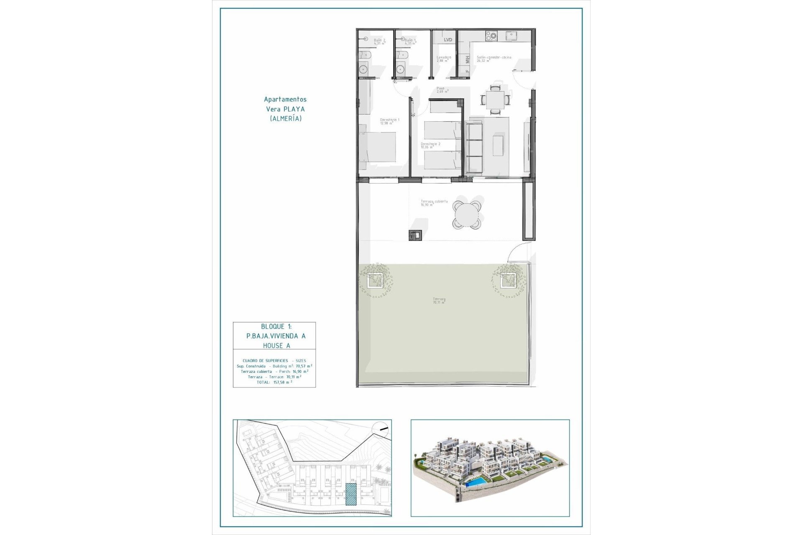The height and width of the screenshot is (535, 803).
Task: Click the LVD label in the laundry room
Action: pyautogui.click(x=448, y=40)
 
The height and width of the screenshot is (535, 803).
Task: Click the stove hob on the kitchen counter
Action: pyautogui.click(x=491, y=36)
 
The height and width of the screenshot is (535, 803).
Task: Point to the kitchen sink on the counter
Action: pyautogui.click(x=510, y=36)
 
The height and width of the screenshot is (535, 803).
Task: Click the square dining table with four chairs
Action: pyautogui.click(x=495, y=100)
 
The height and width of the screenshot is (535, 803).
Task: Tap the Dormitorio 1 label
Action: pyautogui.click(x=389, y=121)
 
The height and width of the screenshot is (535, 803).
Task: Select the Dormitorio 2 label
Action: pyautogui.click(x=430, y=145)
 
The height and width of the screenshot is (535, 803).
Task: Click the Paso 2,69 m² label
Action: pyautogui.click(x=442, y=90)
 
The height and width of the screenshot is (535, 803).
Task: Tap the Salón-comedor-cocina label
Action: pyautogui.click(x=494, y=59)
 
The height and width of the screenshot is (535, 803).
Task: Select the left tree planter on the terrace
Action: pyautogui.click(x=375, y=280)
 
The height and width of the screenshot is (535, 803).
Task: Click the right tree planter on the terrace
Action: pyautogui.click(x=508, y=280)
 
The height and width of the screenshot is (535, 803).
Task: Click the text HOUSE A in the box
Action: pyautogui.click(x=276, y=346)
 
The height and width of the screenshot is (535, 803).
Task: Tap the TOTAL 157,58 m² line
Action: pyautogui.click(x=274, y=382)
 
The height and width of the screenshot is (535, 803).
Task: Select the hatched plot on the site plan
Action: pyautogui.click(x=351, y=494)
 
